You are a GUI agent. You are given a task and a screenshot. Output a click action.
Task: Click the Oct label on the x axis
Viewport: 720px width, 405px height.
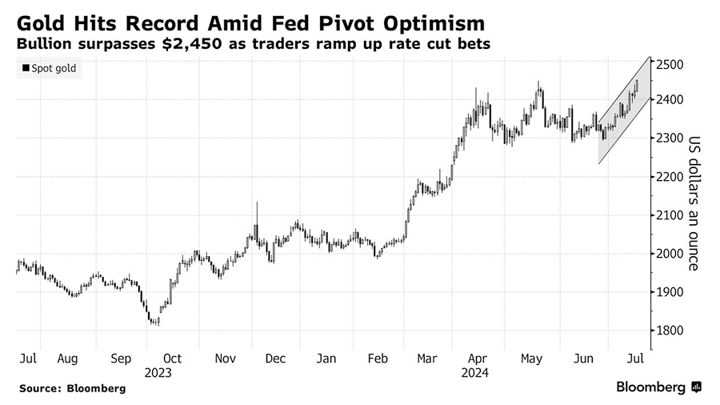(172, 359)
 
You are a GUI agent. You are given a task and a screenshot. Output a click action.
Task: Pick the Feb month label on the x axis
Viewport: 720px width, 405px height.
(377, 359)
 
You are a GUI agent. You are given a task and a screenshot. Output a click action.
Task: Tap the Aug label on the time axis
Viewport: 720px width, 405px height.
(67, 359)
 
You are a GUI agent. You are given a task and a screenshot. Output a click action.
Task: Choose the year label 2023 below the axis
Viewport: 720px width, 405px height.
(158, 372)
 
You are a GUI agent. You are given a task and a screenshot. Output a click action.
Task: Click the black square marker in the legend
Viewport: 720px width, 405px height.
(25, 69)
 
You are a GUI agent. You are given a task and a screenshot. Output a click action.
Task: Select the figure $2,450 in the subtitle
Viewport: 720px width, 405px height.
(189, 43)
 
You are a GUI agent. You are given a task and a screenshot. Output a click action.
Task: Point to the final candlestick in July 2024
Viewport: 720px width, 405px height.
(637, 85)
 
